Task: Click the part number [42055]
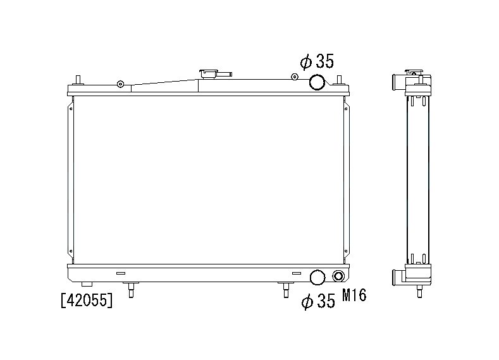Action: (x=87, y=300)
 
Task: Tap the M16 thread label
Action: (x=354, y=295)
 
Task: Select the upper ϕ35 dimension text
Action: (x=317, y=61)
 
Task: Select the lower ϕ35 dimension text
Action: (x=318, y=301)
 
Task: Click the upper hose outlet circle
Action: (x=317, y=82)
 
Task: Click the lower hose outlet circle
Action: (x=317, y=277)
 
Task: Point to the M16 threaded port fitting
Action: (x=338, y=276)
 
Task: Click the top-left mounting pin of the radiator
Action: (x=78, y=80)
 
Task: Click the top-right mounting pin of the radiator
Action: (x=339, y=80)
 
